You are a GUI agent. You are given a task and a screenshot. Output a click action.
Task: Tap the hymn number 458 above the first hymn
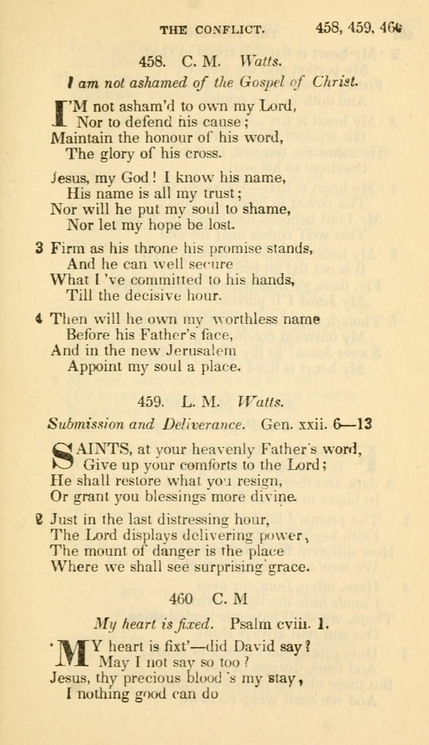tap(151, 62)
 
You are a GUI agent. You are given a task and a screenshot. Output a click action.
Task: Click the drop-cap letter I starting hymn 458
tap(62, 113)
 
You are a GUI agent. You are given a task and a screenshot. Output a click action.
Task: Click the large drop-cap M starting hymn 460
tap(71, 655)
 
